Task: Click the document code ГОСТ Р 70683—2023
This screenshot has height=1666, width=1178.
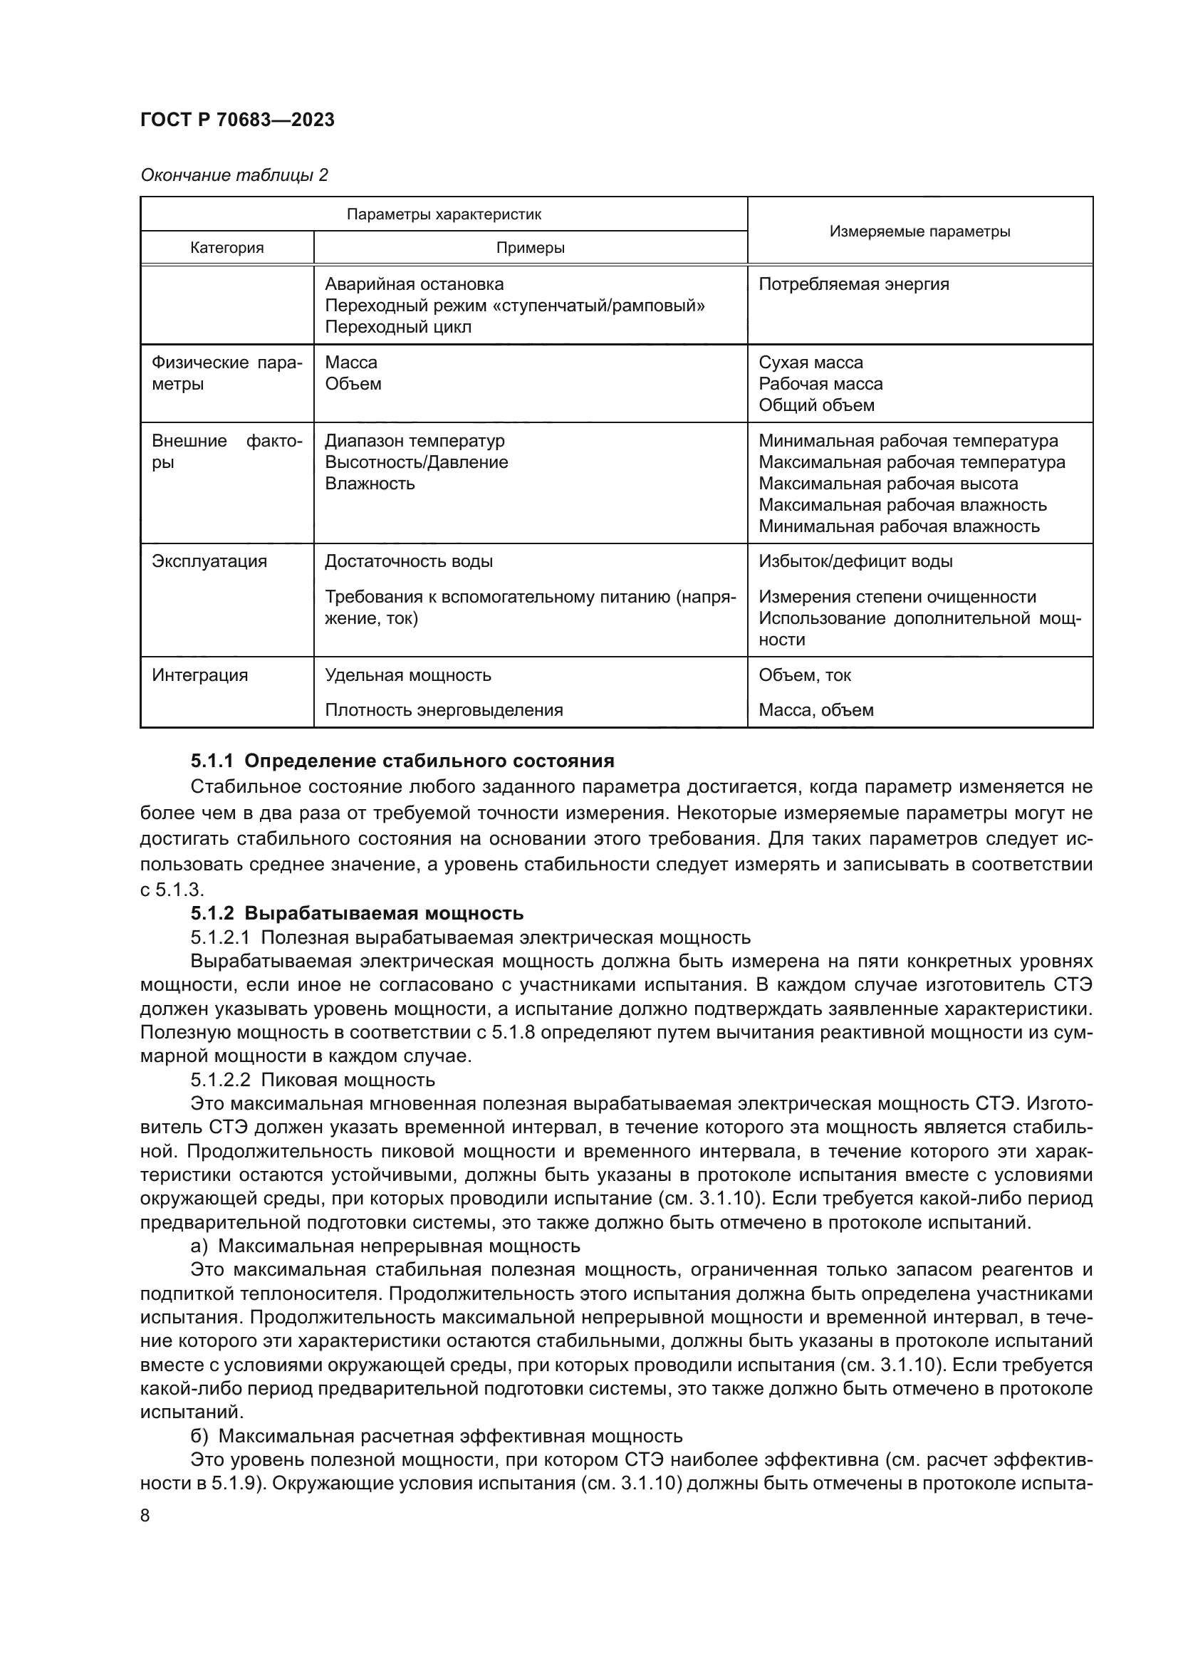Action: click(237, 120)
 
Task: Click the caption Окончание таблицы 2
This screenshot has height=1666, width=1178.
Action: click(234, 175)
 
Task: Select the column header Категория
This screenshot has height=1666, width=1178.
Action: click(227, 247)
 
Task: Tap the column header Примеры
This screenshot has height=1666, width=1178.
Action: click(531, 247)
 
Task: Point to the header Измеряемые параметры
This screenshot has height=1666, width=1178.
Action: click(919, 231)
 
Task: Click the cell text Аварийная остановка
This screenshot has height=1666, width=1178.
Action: click(414, 284)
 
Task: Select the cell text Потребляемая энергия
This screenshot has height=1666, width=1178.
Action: click(853, 284)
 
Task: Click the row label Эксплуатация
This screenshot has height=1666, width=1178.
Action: click(209, 561)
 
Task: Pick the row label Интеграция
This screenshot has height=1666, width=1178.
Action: click(199, 675)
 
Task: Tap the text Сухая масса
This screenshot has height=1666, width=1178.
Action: click(810, 363)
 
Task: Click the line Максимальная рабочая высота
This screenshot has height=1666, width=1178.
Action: click(888, 484)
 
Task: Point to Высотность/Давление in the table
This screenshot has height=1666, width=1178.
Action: click(417, 463)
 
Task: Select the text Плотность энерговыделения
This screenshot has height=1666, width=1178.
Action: click(443, 710)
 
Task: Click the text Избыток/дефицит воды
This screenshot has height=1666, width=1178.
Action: click(855, 561)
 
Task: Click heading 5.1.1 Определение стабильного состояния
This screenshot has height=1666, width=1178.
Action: click(402, 761)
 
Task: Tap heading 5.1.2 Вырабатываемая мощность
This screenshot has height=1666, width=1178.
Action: click(357, 913)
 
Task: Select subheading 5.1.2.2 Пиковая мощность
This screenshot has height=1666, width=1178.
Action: click(313, 1080)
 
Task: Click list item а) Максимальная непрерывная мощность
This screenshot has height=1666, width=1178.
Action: click(385, 1246)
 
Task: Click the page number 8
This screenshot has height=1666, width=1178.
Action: click(145, 1516)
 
